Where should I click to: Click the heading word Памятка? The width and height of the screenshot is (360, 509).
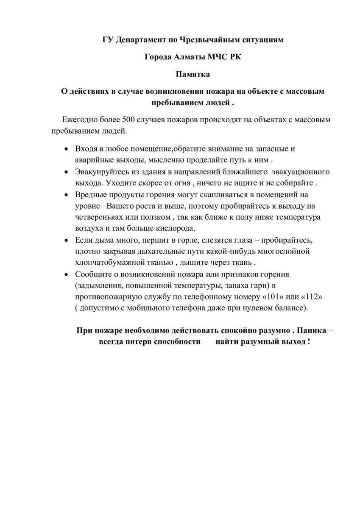(x=193, y=74)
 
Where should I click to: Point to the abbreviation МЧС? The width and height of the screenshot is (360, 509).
(x=218, y=57)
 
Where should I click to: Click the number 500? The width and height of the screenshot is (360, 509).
(x=128, y=120)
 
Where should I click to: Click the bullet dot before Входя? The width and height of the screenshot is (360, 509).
(x=66, y=149)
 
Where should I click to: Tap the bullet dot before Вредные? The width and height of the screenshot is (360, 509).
(x=66, y=195)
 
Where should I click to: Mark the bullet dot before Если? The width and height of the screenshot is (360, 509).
(x=66, y=241)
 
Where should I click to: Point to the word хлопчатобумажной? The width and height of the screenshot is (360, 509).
(x=114, y=262)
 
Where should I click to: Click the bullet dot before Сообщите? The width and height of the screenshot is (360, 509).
(x=66, y=274)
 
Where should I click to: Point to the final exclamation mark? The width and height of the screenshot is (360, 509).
(x=309, y=341)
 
